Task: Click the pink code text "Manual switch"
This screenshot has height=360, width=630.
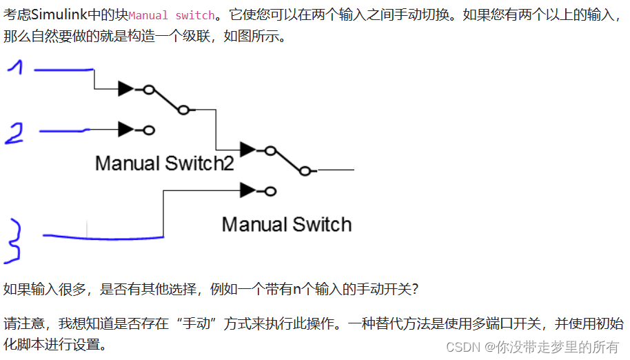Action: pyautogui.click(x=171, y=15)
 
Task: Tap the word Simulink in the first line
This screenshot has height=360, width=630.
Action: pyautogui.click(x=57, y=15)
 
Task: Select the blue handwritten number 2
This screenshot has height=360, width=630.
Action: pyautogui.click(x=14, y=133)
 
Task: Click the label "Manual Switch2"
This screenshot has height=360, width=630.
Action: pyautogui.click(x=164, y=163)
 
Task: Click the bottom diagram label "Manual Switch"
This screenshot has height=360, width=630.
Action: pyautogui.click(x=286, y=224)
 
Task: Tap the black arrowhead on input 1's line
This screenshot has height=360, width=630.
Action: pyautogui.click(x=126, y=88)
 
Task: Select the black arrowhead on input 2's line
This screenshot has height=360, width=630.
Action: pyautogui.click(x=126, y=129)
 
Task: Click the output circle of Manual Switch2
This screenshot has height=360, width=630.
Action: pyautogui.click(x=183, y=109)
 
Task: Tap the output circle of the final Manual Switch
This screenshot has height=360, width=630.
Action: pyautogui.click(x=305, y=170)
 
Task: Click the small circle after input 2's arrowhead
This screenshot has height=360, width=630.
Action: pyautogui.click(x=149, y=130)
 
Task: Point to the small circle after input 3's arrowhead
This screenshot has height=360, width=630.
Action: pyautogui.click(x=271, y=190)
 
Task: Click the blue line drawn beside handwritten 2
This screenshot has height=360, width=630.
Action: pyautogui.click(x=63, y=130)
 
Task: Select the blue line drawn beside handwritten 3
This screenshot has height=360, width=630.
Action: pyautogui.click(x=103, y=237)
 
